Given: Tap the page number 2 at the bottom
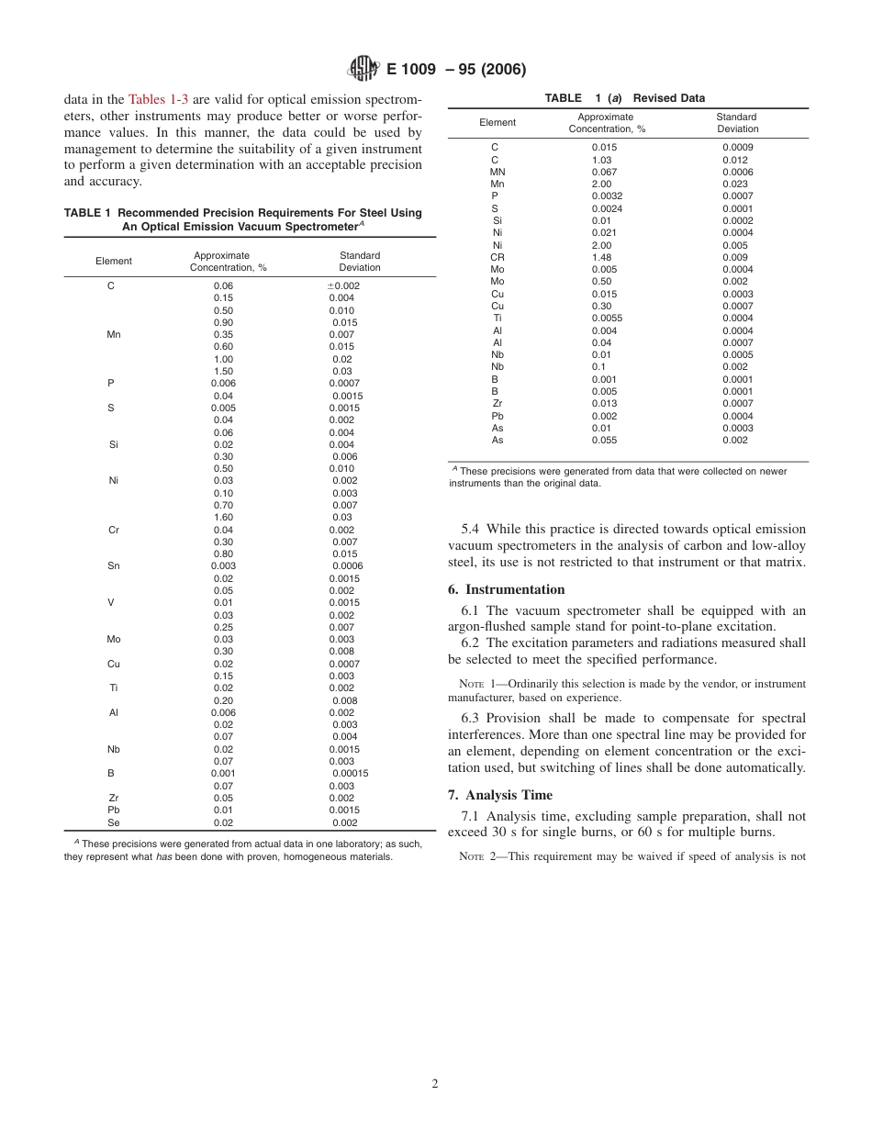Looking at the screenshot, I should [x=435, y=1083].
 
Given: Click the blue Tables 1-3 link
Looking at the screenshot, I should [x=159, y=99].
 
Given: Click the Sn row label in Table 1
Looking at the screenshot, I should [x=113, y=566].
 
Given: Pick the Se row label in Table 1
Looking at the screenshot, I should [x=113, y=822].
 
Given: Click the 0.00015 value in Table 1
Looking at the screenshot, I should [x=349, y=774].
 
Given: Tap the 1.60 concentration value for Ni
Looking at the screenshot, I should [x=223, y=518].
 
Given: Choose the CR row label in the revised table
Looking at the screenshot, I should [x=497, y=258].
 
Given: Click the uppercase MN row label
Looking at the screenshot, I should [x=497, y=172].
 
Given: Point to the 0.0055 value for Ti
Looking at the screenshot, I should [x=608, y=319].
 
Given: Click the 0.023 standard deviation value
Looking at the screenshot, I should [x=736, y=184].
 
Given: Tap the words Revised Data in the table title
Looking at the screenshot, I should [x=668, y=98].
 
